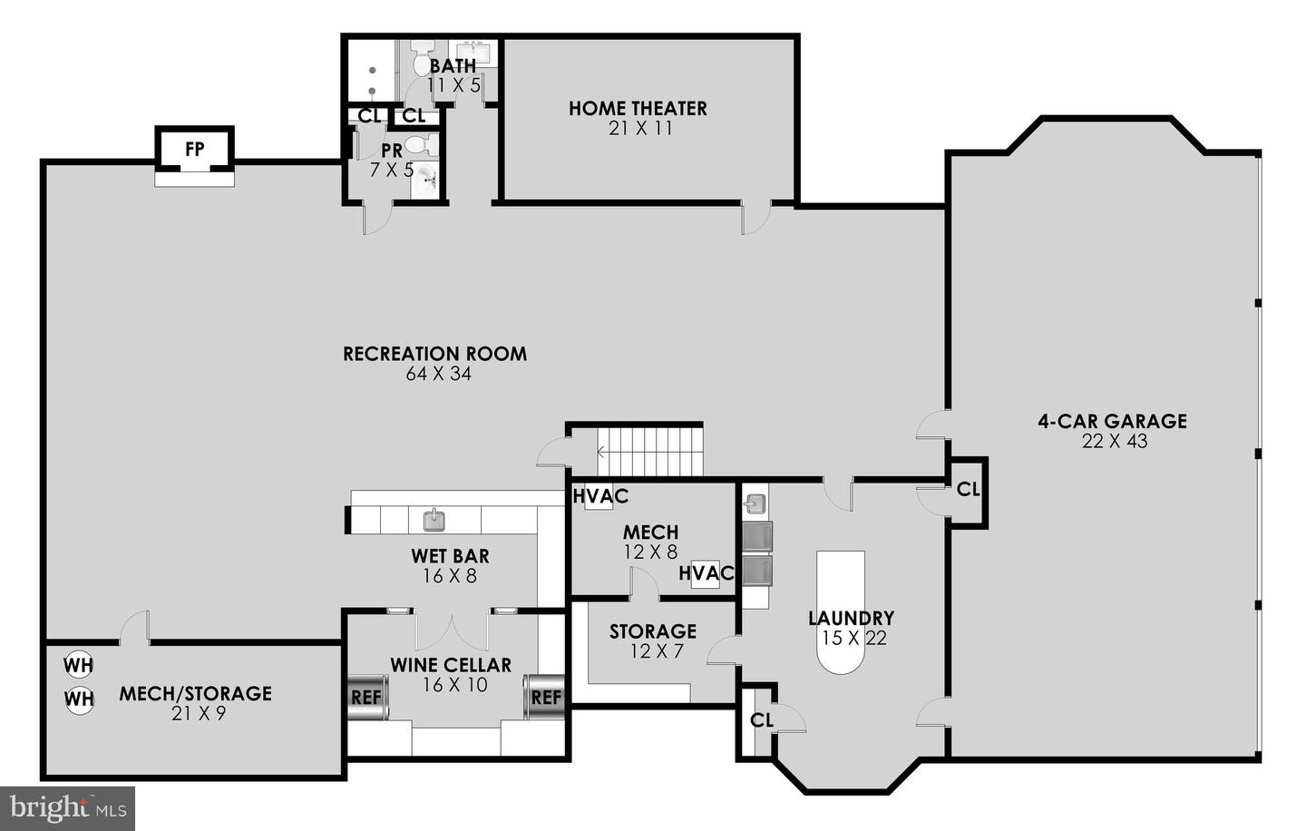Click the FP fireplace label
194,149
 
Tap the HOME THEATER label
638,108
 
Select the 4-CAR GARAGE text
1112,421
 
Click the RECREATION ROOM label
434,354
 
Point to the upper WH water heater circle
79,665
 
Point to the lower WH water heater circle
79,699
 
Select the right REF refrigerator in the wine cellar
545,698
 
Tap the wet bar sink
434,520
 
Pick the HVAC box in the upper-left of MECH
599,497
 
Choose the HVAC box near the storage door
706,573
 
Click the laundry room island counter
841,612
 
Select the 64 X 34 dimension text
439,374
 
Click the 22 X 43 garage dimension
1114,442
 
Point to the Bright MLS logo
68,807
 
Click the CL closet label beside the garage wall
968,490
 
